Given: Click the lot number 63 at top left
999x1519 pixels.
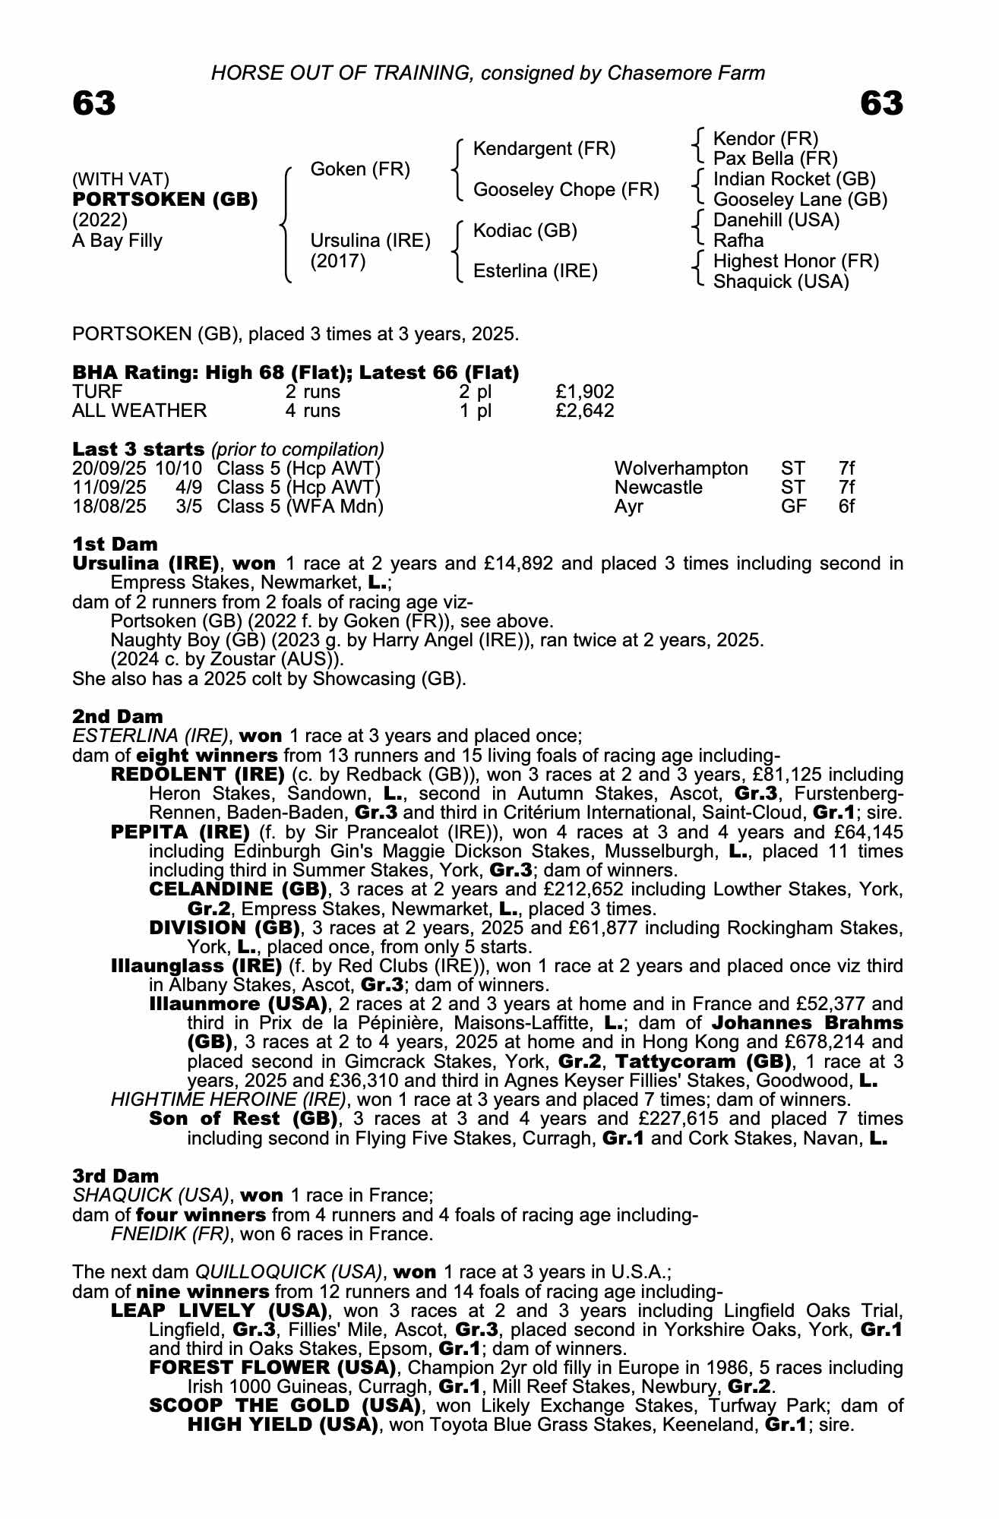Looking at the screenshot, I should pyautogui.click(x=94, y=103).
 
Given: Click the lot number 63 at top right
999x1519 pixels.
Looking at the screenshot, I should pyautogui.click(x=881, y=103).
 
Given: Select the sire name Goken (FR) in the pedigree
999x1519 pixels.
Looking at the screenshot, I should pyautogui.click(x=360, y=169).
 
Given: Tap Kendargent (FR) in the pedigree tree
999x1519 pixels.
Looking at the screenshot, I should pyautogui.click(x=544, y=148).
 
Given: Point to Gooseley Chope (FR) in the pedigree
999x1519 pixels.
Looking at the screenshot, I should pyautogui.click(x=565, y=189).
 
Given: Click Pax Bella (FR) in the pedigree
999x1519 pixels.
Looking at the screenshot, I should pyautogui.click(x=775, y=159).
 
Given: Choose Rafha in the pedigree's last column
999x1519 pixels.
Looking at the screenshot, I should pyautogui.click(x=738, y=241).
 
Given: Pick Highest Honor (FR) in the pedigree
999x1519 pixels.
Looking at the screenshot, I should pyautogui.click(x=795, y=261).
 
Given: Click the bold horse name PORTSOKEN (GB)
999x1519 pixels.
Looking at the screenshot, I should pyautogui.click(x=165, y=200).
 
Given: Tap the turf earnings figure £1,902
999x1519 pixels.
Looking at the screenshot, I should pyautogui.click(x=584, y=392).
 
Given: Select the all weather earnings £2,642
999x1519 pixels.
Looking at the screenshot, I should pyautogui.click(x=584, y=411).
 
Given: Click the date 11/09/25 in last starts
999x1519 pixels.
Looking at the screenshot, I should pyautogui.click(x=109, y=488).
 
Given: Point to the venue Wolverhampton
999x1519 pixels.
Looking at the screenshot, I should pyautogui.click(x=681, y=469).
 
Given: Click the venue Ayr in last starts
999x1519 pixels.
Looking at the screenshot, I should pyautogui.click(x=628, y=507).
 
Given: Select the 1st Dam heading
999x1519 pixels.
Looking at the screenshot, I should pyautogui.click(x=115, y=544).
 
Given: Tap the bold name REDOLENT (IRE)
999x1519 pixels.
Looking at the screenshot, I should pyautogui.click(x=197, y=775).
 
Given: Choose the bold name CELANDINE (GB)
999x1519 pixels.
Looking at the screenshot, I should pyautogui.click(x=238, y=889).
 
